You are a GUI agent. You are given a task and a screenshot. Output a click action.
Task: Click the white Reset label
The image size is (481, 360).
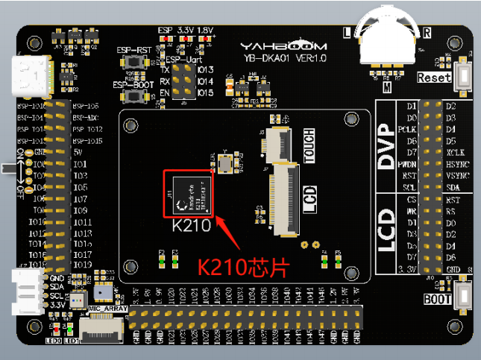(x=434, y=78)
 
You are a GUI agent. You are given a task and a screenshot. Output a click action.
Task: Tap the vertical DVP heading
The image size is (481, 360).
(x=386, y=144)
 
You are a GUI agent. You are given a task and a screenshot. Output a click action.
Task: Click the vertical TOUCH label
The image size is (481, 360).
(x=309, y=146)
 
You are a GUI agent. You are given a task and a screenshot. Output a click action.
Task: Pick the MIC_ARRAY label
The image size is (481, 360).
(x=107, y=309)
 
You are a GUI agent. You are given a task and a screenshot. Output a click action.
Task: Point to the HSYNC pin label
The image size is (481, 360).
(x=458, y=164)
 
